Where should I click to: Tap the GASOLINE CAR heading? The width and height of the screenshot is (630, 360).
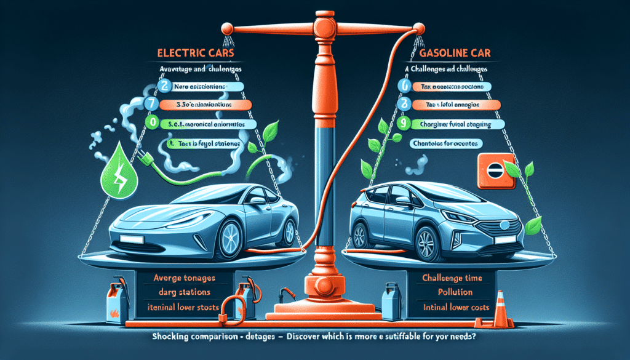pyautogui.click(x=442, y=53)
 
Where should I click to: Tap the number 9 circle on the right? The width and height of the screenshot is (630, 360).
pyautogui.click(x=403, y=123)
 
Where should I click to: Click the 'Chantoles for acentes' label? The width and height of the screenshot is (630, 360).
pyautogui.click(x=445, y=143)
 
